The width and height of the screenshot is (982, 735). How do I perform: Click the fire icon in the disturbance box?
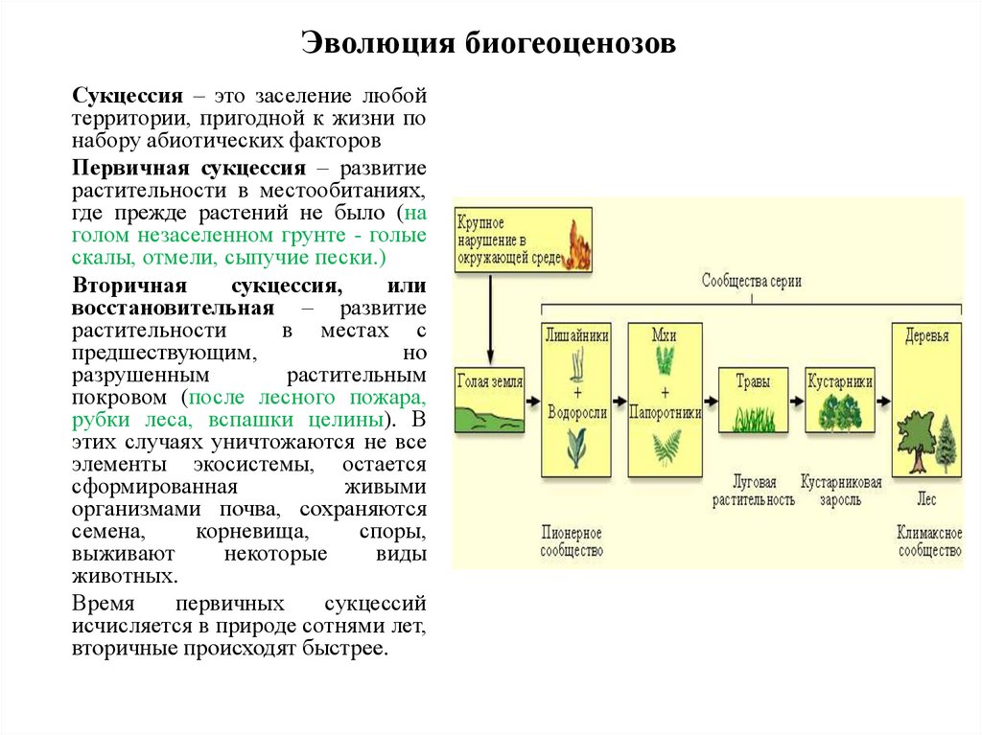point(578,245)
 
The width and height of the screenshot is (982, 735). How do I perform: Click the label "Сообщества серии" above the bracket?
point(751,282)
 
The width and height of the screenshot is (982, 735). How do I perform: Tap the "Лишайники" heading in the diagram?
point(576,335)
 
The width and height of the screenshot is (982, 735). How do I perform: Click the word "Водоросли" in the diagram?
point(576,413)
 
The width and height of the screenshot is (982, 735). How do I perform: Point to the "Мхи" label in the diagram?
point(665,335)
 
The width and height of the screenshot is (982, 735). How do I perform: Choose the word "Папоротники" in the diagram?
point(666,413)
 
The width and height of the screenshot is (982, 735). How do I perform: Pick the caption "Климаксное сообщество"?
point(928,541)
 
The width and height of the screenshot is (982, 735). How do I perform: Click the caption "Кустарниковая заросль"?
point(841,491)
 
